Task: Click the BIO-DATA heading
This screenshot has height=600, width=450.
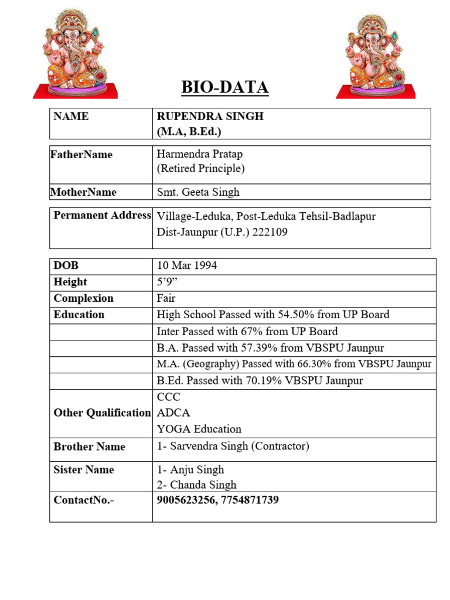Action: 224,87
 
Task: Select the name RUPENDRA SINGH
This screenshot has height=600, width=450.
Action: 210,116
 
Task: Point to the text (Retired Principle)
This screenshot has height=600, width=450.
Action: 200,169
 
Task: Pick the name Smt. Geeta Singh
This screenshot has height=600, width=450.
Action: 198,192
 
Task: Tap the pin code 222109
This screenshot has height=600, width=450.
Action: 270,232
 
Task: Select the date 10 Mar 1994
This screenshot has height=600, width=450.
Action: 187,265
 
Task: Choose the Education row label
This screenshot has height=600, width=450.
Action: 79,315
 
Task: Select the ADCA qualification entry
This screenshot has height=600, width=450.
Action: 173,412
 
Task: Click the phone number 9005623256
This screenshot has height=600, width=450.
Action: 186,500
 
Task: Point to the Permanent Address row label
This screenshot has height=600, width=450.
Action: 102,215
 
